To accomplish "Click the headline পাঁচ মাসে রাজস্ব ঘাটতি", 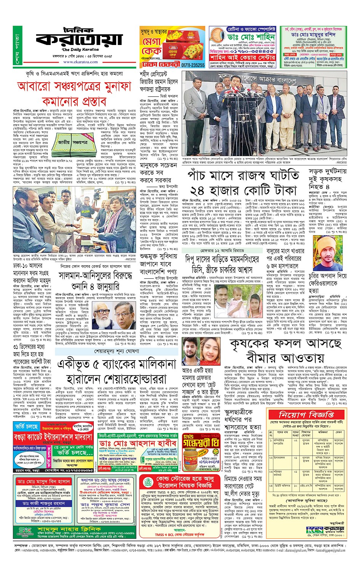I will tap(243, 176).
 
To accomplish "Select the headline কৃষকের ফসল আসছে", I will tap(285, 345).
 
